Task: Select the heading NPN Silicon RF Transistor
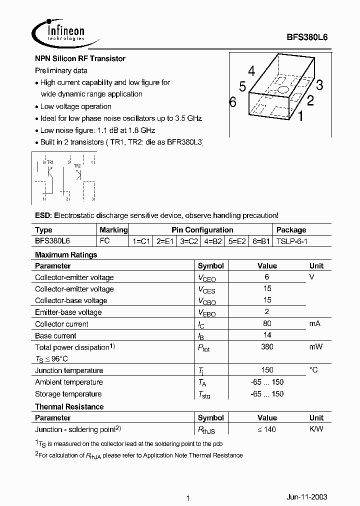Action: point(80,58)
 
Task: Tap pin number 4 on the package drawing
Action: point(251,71)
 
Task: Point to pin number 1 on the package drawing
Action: point(300,117)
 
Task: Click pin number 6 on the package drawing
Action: point(232,102)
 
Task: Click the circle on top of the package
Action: point(282,90)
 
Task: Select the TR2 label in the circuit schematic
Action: point(77,165)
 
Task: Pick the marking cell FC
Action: point(105,240)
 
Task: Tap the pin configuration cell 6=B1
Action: point(261,240)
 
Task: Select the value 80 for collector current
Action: point(267,324)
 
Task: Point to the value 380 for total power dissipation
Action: point(267,347)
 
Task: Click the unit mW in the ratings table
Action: point(315,347)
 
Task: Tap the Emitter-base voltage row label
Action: point(68,312)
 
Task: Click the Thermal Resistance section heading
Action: point(69,407)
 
